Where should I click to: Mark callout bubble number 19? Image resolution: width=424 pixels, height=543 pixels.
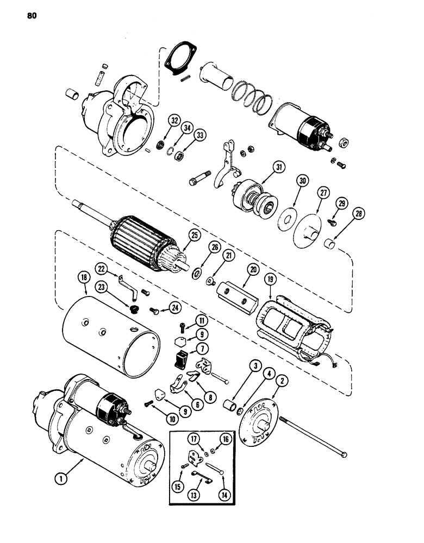click(x=270, y=280)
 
